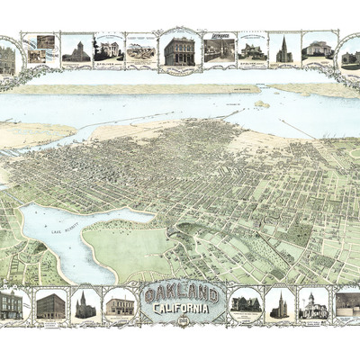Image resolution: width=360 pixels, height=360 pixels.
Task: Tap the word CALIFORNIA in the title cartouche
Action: click(x=182, y=309)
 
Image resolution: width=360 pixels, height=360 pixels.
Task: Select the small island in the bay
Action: click(x=262, y=104)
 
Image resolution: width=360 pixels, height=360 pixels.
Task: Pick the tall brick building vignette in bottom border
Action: click(x=50, y=305)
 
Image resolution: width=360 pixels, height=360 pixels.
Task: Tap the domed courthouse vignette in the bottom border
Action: click(x=312, y=304)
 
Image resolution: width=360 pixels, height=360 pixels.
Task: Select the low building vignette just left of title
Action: click(x=119, y=305)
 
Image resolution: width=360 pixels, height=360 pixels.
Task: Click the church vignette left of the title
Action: click(x=85, y=304)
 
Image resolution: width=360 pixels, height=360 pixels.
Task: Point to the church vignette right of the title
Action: click(x=279, y=304)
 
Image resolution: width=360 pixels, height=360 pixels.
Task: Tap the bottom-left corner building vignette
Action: click(x=12, y=304)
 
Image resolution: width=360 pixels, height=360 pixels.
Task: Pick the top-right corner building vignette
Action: click(x=350, y=57)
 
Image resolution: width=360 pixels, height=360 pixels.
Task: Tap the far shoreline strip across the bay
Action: click(x=135, y=88)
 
